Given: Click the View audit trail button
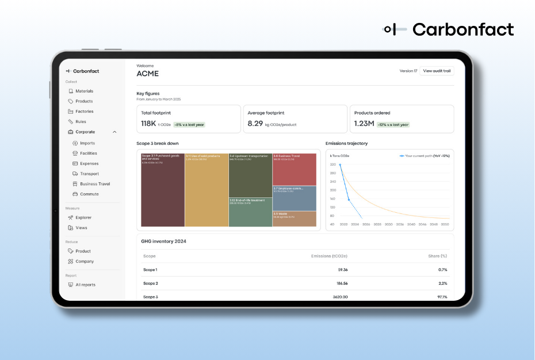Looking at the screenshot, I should click(x=437, y=71).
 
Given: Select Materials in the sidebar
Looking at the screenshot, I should click(x=84, y=91).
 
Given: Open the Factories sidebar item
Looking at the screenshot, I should click(x=84, y=112).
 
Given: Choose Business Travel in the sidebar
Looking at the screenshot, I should click(x=94, y=184).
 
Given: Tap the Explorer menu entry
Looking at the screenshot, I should click(x=83, y=217).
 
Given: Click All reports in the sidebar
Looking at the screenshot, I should click(x=85, y=285).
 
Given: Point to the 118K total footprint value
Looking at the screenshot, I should click(x=148, y=124).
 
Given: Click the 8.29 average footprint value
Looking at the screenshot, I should click(x=255, y=124).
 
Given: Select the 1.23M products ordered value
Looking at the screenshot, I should click(x=364, y=124).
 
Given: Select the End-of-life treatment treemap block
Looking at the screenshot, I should click(x=250, y=213).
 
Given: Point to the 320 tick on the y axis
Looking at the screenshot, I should click(x=333, y=164).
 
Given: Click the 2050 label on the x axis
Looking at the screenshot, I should click(x=445, y=224).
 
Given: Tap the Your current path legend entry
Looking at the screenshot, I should click(x=424, y=156).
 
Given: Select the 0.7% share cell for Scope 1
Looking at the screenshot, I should click(x=442, y=270).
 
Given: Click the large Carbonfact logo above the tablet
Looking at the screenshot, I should click(x=449, y=29).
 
